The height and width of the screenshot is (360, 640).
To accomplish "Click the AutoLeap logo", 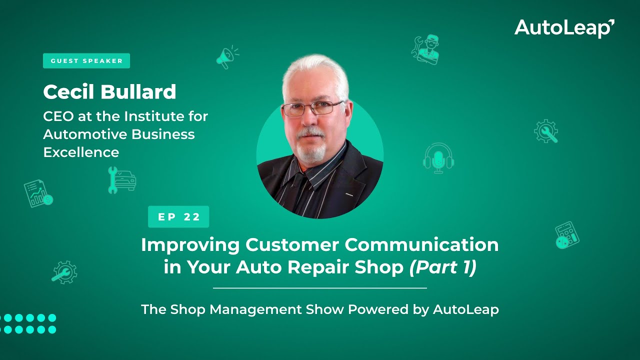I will coord(564,28).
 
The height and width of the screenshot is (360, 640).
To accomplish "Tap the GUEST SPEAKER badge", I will coord(86,61).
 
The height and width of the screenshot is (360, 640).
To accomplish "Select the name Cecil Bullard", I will coord(109,92).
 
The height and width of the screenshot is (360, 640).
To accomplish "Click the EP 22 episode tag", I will coord(178,216).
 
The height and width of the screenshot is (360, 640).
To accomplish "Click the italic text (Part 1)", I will coord(442,267).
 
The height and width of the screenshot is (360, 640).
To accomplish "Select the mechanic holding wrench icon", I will coord(425,49).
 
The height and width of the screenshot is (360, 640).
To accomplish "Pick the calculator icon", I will coord(567,235).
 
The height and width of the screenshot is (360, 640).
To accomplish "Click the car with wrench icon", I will coord(122,180).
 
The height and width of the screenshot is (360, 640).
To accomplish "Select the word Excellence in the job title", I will coord(81,152).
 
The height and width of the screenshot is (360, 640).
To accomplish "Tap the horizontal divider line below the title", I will coord(320,288).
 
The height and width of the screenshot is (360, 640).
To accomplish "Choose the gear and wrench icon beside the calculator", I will coord(545,131).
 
